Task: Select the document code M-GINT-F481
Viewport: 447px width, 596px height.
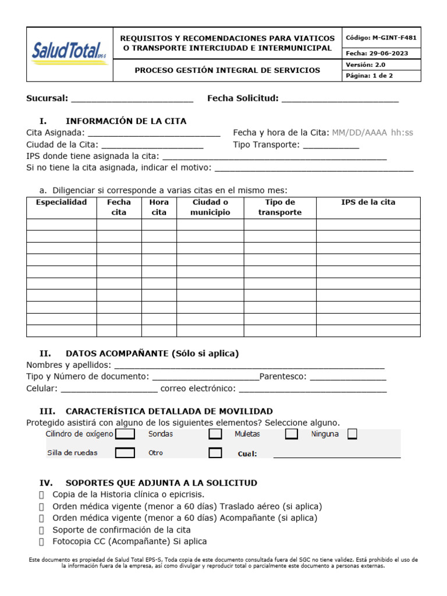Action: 381,38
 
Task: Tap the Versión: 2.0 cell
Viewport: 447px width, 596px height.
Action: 381,65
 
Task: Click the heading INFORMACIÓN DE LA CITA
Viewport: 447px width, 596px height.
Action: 126,121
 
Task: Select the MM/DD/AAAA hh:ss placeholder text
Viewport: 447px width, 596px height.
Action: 372,133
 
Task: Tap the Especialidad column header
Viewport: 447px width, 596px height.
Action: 61,203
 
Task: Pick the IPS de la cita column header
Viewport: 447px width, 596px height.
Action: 368,203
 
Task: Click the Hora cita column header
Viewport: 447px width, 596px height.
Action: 159,207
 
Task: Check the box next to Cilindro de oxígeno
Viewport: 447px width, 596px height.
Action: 125,434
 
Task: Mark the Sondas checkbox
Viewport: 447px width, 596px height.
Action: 215,434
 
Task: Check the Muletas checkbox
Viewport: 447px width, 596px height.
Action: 292,434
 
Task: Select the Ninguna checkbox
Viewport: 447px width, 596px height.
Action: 352,434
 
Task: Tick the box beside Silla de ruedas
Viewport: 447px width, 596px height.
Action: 125,453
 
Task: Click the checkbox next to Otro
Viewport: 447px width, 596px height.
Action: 215,453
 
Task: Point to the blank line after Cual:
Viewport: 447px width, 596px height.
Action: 336,455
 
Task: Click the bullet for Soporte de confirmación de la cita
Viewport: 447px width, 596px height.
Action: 41,530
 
